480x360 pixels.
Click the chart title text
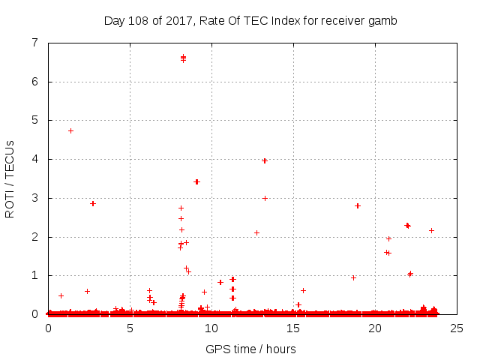click(x=250, y=20)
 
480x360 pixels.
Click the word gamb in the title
click(x=384, y=21)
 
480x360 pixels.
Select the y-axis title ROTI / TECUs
click(x=10, y=178)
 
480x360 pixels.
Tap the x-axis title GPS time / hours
click(x=250, y=349)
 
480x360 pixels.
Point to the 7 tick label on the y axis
click(x=34, y=43)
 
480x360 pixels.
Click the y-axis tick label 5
click(x=34, y=121)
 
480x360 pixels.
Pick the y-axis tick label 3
click(x=34, y=198)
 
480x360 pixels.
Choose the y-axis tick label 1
click(x=34, y=276)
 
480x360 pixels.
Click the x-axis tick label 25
click(x=456, y=328)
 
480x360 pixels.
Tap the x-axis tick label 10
click(x=211, y=328)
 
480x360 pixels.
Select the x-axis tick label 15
click(x=293, y=328)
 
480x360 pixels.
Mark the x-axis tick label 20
click(x=374, y=328)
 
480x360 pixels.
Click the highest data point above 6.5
click(x=183, y=56)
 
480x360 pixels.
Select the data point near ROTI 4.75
click(x=70, y=130)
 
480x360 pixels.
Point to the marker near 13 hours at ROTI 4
click(x=265, y=160)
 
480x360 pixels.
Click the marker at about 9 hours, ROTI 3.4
click(x=196, y=181)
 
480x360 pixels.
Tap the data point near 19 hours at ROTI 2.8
click(x=358, y=205)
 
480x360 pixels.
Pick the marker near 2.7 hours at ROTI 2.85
click(x=93, y=203)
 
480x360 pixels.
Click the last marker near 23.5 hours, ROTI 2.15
click(x=431, y=230)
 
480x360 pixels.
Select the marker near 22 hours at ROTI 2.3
click(x=407, y=225)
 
